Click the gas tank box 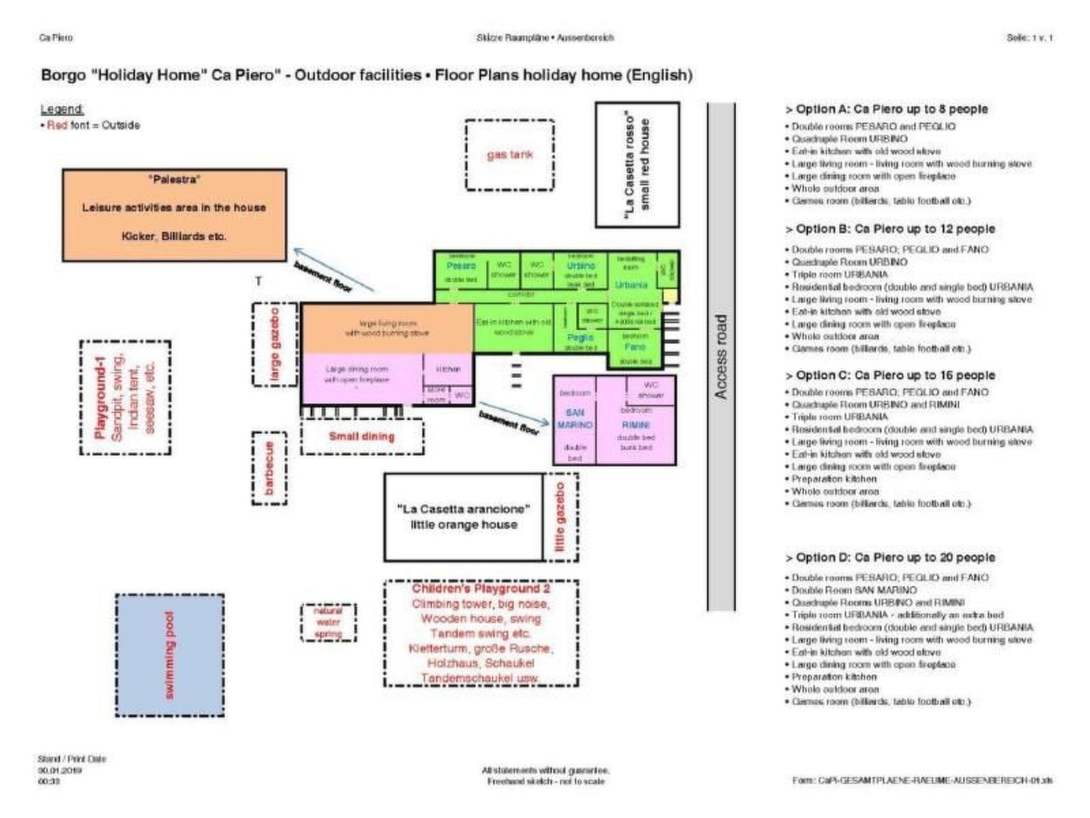click(509, 155)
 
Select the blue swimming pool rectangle click(170, 655)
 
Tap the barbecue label click(269, 469)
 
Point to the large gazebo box click(275, 344)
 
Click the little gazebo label click(560, 517)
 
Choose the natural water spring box click(328, 622)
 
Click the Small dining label click(362, 437)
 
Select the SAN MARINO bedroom click(575, 420)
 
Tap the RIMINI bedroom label click(636, 425)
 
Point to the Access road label click(721, 356)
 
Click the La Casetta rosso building click(637, 165)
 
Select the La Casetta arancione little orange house click(464, 517)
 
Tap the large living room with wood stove click(387, 328)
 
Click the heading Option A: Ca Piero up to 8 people click(887, 109)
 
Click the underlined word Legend click(62, 109)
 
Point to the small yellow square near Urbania click(670, 296)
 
